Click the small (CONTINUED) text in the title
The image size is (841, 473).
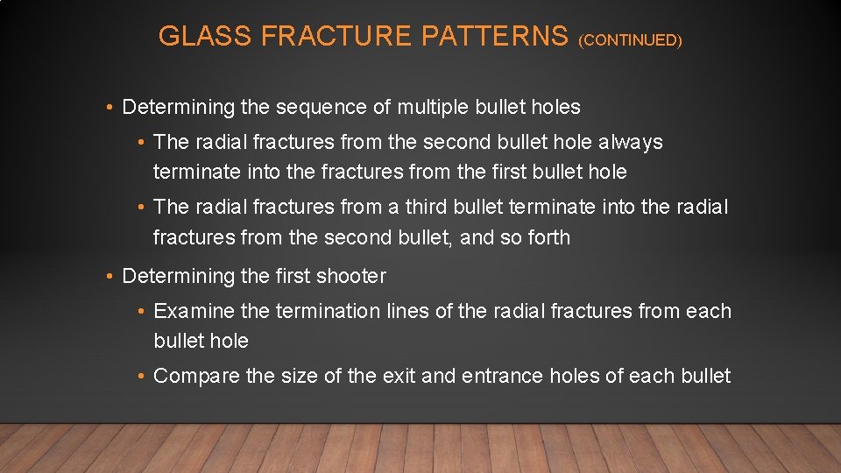(630, 40)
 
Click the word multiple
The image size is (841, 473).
(433, 108)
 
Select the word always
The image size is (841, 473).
(631, 142)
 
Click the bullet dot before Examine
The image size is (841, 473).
(142, 312)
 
